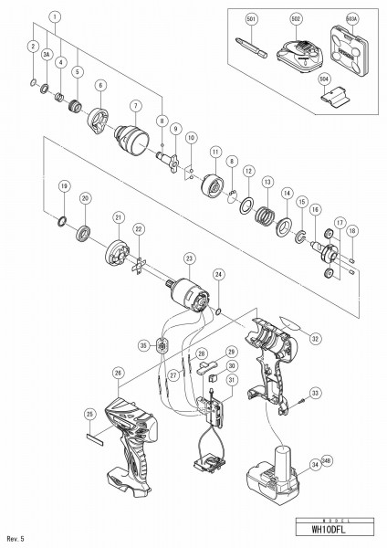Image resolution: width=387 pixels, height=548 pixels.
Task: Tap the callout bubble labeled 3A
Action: [45, 56]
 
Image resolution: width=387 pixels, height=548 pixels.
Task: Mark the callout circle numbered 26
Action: [118, 372]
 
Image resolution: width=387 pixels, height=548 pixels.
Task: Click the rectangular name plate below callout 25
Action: [94, 437]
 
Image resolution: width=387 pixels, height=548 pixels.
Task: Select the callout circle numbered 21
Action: [118, 217]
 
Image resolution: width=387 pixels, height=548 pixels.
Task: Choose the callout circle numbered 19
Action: [63, 185]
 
